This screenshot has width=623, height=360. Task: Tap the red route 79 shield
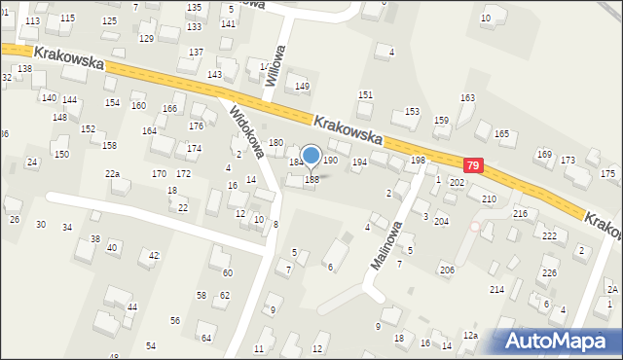[x=473, y=166]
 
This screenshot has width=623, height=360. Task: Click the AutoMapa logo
[x=561, y=341]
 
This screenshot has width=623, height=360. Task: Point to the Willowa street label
[x=277, y=64]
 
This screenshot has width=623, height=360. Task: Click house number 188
[x=311, y=179]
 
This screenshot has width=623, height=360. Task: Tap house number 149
[x=302, y=87]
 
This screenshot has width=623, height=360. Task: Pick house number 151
[x=365, y=94]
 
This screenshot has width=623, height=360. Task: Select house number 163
[x=467, y=98]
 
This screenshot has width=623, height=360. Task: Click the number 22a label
[x=113, y=173]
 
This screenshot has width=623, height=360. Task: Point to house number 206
[x=447, y=270]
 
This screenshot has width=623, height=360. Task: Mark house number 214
[x=496, y=290]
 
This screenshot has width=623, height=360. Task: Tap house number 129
[x=146, y=38]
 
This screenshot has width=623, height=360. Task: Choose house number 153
[x=412, y=112]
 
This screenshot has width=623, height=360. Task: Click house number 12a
[x=470, y=336]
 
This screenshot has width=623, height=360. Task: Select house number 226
[x=549, y=272]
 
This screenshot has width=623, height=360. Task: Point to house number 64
[x=205, y=338]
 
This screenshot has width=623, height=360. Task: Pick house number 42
[x=154, y=255]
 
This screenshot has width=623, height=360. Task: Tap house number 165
[x=501, y=134]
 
